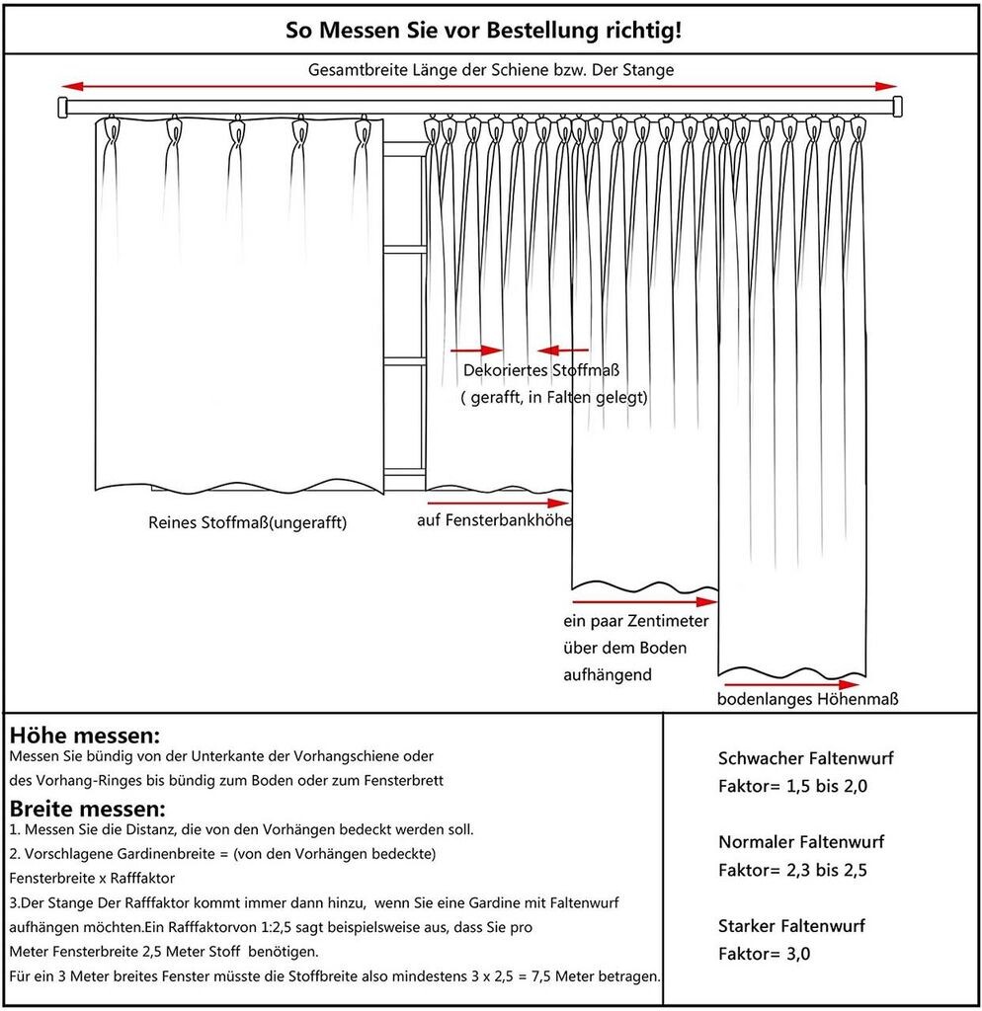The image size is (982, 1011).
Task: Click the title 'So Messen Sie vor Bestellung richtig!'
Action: (x=483, y=31)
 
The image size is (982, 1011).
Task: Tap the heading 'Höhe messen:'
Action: (x=84, y=736)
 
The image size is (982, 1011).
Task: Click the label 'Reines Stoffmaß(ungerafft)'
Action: (x=247, y=522)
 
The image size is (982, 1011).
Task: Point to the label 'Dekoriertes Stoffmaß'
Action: (x=541, y=371)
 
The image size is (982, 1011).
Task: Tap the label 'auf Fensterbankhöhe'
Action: (x=493, y=519)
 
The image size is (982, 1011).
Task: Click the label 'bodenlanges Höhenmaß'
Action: (x=808, y=700)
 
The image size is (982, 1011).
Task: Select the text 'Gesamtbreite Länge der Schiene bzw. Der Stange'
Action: (x=491, y=70)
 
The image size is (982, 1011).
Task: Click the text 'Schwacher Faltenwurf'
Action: (x=805, y=759)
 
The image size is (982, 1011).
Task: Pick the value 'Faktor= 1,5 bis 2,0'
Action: (x=792, y=787)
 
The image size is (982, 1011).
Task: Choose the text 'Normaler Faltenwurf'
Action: (x=800, y=842)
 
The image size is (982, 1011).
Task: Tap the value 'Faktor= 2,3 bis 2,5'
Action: (x=792, y=871)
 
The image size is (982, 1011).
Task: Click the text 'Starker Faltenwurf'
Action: (x=791, y=926)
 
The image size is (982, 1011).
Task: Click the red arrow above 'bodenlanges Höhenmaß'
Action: (x=791, y=682)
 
